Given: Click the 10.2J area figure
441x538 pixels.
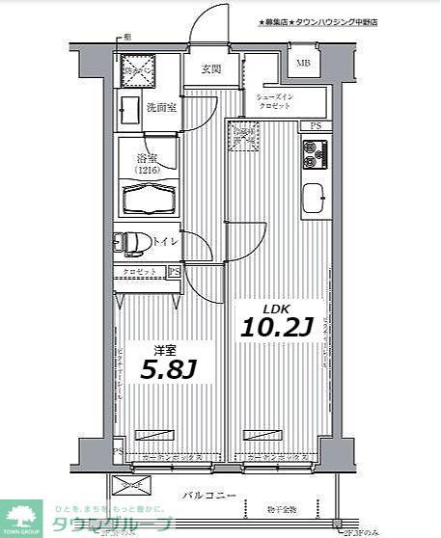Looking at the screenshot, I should click(x=274, y=327).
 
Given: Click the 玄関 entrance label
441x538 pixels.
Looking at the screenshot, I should click(x=211, y=68).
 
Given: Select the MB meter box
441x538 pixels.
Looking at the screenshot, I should click(x=303, y=65).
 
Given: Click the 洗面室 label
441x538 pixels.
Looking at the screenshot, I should click(x=159, y=108).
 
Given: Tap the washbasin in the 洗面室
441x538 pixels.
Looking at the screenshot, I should click(x=129, y=108).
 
